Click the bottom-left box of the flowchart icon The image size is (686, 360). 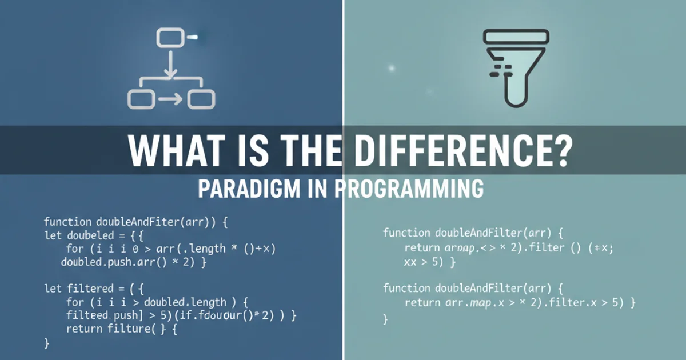pyautogui.click(x=141, y=99)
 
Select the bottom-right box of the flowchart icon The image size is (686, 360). pyautogui.click(x=201, y=99)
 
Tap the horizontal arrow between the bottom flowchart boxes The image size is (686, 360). pyautogui.click(x=170, y=99)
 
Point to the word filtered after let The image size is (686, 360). pyautogui.click(x=90, y=289)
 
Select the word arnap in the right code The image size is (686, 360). pyautogui.click(x=460, y=247)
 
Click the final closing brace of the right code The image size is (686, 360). pyautogui.click(x=386, y=319)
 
